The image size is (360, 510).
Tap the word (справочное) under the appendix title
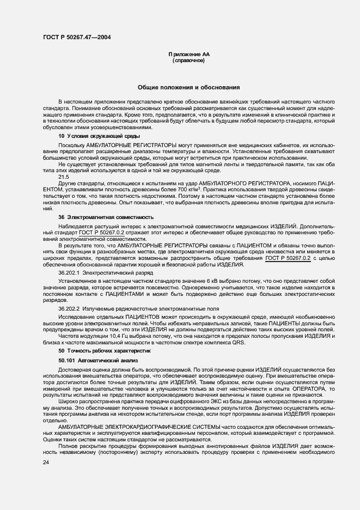pos(188,62)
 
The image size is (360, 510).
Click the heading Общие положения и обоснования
pos(188,87)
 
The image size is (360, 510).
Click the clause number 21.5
pos(64,177)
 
